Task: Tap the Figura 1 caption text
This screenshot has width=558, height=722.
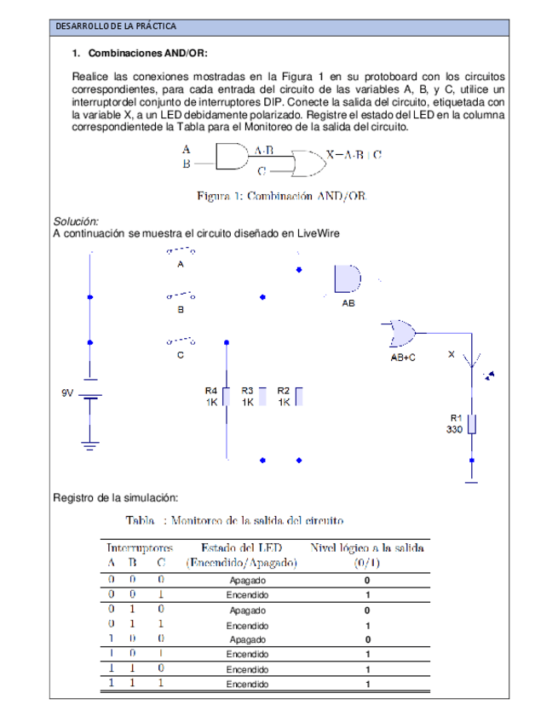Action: coord(281,196)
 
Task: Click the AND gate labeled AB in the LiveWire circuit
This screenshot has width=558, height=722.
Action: coord(348,278)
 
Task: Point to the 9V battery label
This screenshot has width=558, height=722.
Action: coord(68,393)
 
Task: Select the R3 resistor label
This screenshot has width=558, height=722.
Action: coord(248,390)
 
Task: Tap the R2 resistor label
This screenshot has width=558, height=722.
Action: coord(284,390)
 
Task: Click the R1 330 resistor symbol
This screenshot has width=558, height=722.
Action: coord(471,424)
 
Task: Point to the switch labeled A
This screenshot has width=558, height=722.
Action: coord(180,251)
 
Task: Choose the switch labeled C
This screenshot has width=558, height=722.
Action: coord(180,342)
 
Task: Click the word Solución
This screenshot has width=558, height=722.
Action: coord(76,221)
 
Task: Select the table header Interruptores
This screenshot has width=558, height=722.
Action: coord(140,548)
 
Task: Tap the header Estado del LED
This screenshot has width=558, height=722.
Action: coord(241,548)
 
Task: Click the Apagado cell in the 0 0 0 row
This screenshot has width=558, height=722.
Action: coord(247,580)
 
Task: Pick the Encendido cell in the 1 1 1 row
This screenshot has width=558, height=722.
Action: coord(247,684)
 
